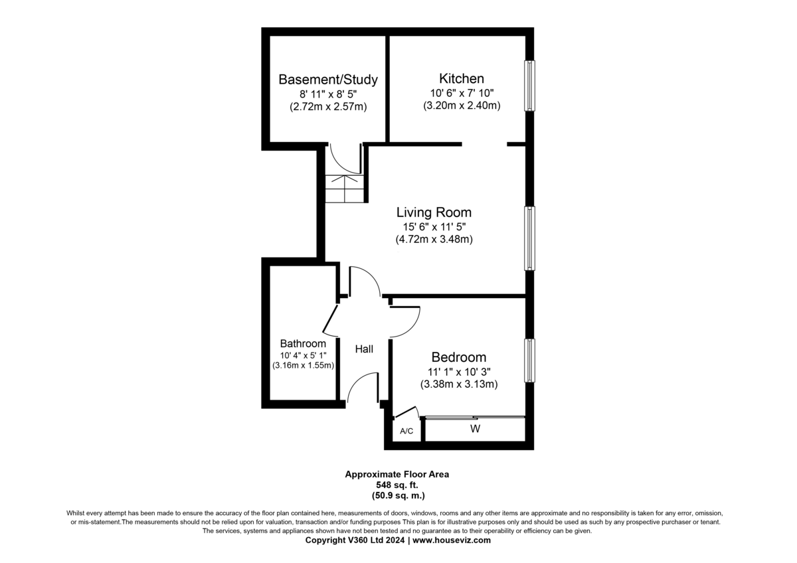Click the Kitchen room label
[x=462, y=78]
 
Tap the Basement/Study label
[x=328, y=79]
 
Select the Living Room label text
[x=434, y=212]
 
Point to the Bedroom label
[x=459, y=357]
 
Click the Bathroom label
[x=303, y=343]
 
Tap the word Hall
[x=364, y=349]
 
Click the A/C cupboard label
[x=406, y=431]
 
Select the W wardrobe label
[x=476, y=429]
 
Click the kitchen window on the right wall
[x=530, y=86]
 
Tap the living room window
[x=530, y=238]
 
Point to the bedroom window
[x=530, y=361]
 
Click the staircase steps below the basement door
[x=345, y=189]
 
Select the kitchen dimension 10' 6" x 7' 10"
[x=462, y=93]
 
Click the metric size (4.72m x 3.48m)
[x=434, y=240]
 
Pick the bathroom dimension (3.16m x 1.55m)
[x=303, y=366]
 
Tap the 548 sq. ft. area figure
[x=397, y=485]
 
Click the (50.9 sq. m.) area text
[x=398, y=495]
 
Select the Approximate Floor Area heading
[x=397, y=474]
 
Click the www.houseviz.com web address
[x=452, y=540]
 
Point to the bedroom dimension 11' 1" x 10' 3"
[x=459, y=372]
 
